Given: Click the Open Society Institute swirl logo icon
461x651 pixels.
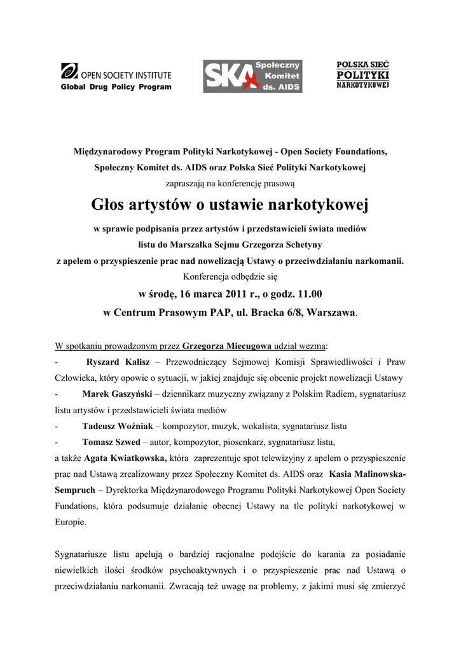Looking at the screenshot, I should (x=69, y=71).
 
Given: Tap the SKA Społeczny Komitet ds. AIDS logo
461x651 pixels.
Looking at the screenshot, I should (x=252, y=76).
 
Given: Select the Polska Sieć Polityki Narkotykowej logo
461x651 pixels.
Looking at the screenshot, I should (x=362, y=74).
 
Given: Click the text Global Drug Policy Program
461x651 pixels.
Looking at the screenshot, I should (x=116, y=87).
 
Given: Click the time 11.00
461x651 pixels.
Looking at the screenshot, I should (x=306, y=294).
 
